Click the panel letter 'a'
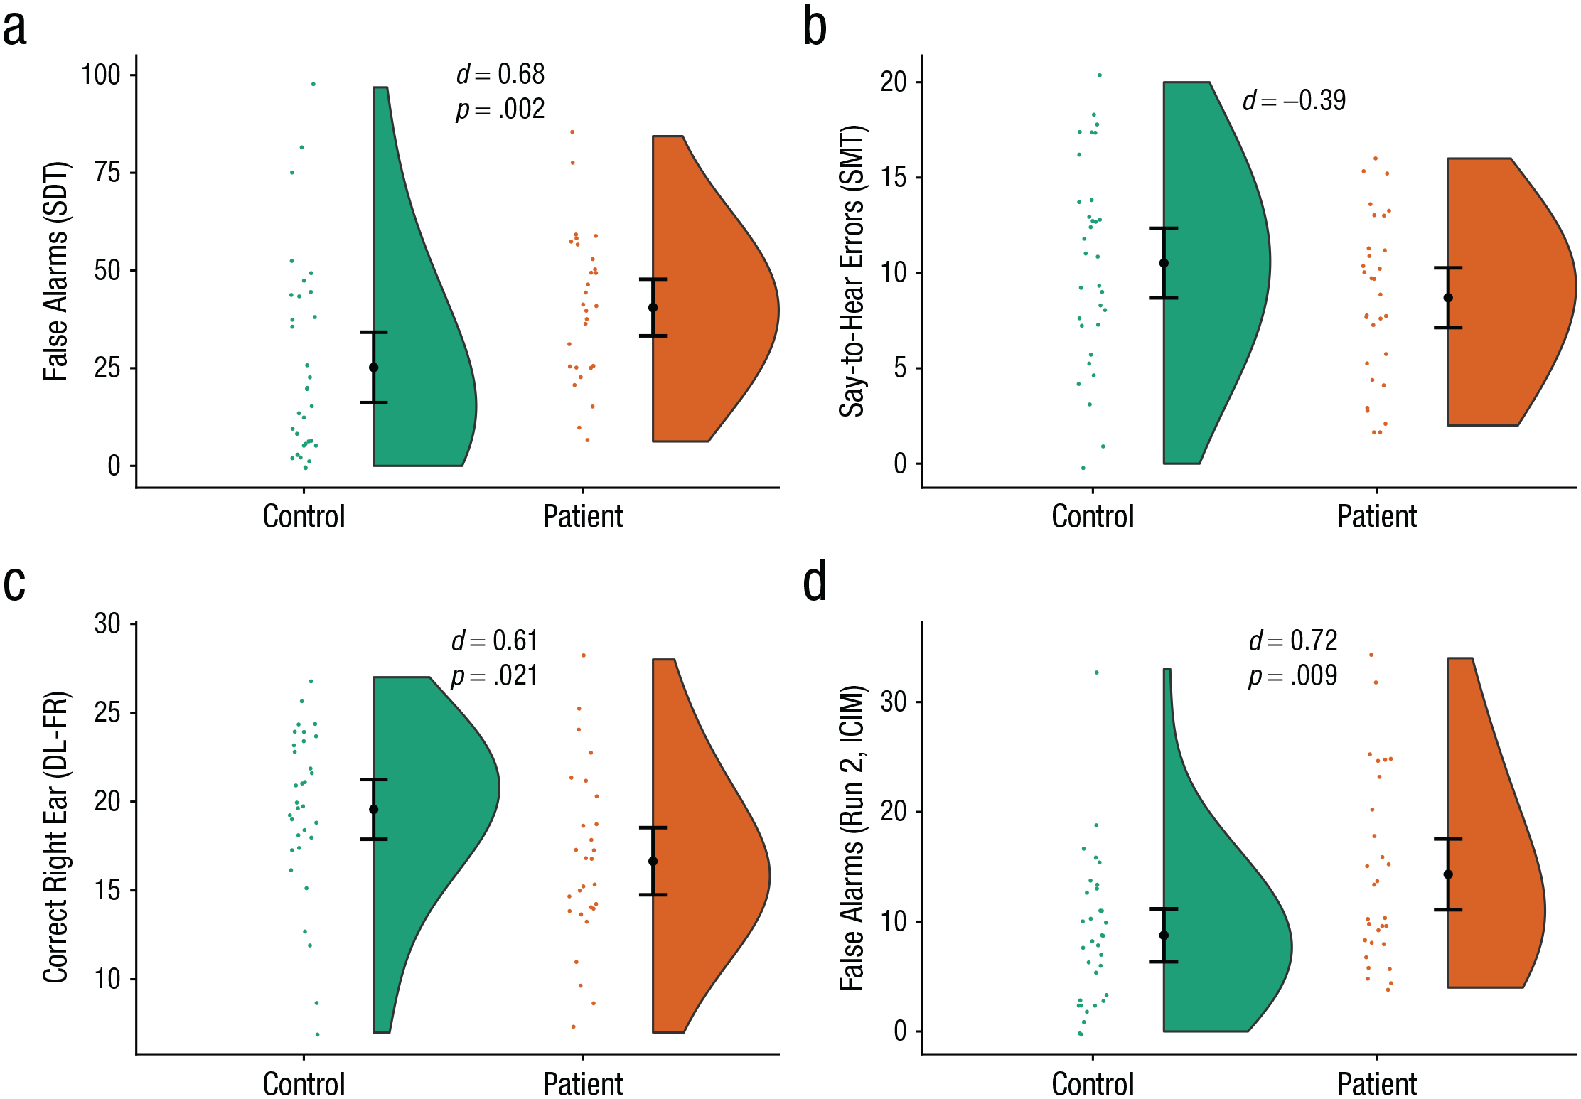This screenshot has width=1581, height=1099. tap(15, 30)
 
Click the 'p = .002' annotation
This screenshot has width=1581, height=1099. tap(500, 109)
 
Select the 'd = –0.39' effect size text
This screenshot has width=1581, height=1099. tap(1294, 100)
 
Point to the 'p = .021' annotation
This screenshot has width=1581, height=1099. tap(494, 675)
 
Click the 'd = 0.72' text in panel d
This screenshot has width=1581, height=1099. tap(1293, 640)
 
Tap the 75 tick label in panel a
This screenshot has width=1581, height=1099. tap(107, 172)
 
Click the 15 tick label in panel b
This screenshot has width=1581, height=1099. tap(894, 177)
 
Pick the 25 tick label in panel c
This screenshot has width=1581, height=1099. tap(107, 712)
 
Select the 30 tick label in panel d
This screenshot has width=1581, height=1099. tap(894, 702)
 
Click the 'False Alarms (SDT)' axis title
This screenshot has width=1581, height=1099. tap(56, 272)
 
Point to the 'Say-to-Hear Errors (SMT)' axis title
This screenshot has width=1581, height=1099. tap(852, 272)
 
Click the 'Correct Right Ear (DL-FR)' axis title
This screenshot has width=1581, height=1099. tap(56, 837)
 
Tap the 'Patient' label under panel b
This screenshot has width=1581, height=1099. tap(1377, 516)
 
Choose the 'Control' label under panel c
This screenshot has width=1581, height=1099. tap(304, 1084)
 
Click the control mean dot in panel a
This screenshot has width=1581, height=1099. tap(374, 368)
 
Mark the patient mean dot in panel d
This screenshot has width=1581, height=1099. tap(1448, 874)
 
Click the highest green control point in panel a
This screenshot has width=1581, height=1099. tap(313, 84)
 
